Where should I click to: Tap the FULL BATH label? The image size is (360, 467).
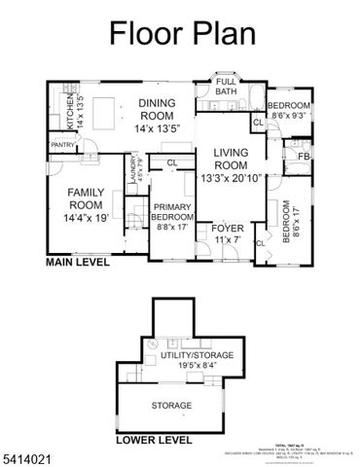point(226,88)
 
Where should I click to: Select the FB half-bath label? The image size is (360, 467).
point(304,156)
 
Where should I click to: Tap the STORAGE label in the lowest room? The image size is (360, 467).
point(170,405)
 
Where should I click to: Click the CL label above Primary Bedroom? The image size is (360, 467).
point(171,163)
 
